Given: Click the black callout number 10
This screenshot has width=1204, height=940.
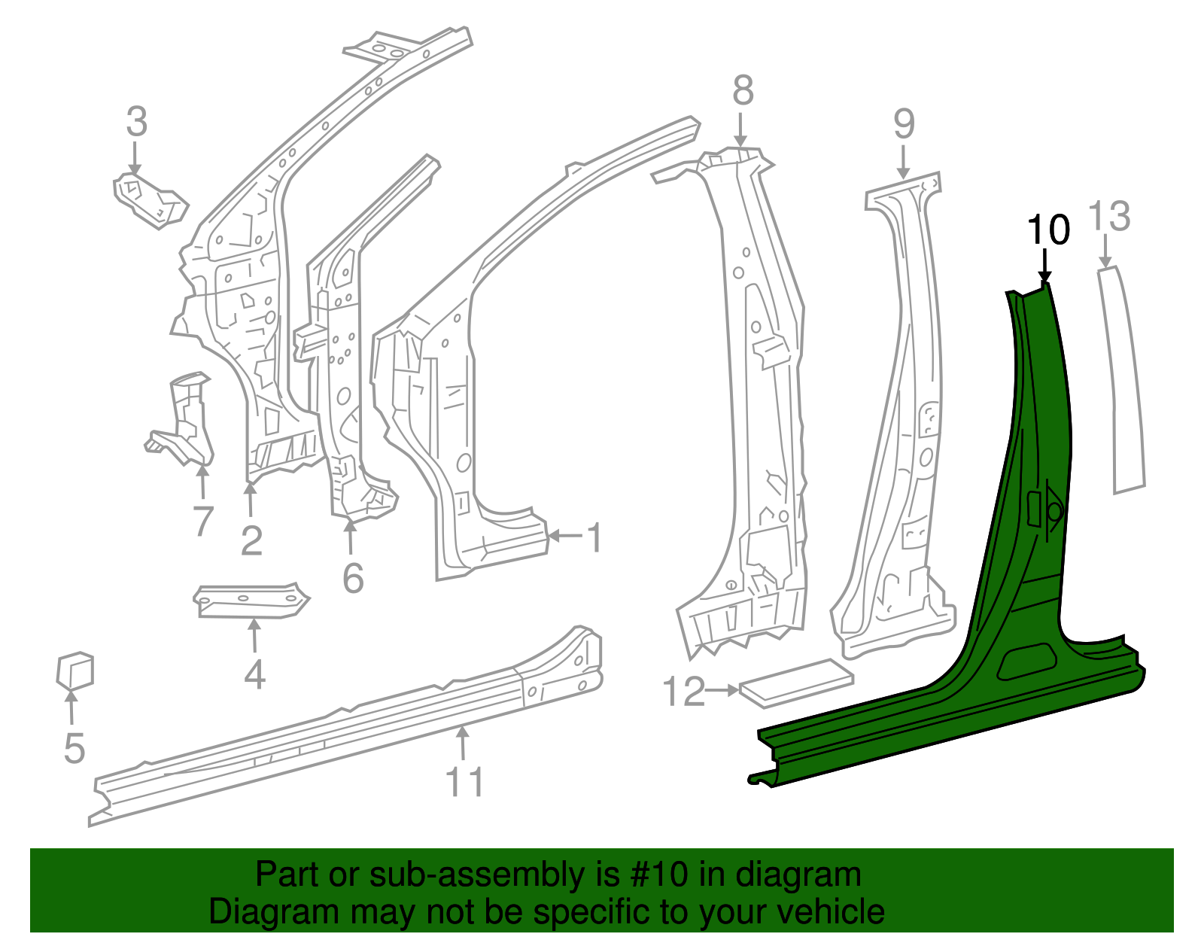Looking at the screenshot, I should tap(1047, 230).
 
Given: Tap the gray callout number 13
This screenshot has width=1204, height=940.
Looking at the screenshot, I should tap(1109, 216).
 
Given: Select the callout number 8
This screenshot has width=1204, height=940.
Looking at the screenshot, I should tap(742, 91).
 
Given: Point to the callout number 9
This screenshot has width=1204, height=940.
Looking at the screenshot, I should tap(904, 123).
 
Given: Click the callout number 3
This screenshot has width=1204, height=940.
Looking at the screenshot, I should tap(136, 122).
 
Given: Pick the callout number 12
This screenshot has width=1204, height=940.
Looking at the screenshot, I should tap(683, 692).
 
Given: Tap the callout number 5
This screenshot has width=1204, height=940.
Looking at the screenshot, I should tap(74, 748).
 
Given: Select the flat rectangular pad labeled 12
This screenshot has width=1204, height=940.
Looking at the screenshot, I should tap(796, 683).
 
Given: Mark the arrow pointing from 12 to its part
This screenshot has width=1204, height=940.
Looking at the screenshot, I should tap(723, 690).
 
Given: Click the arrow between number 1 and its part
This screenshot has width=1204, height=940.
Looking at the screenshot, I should tap(566, 536).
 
